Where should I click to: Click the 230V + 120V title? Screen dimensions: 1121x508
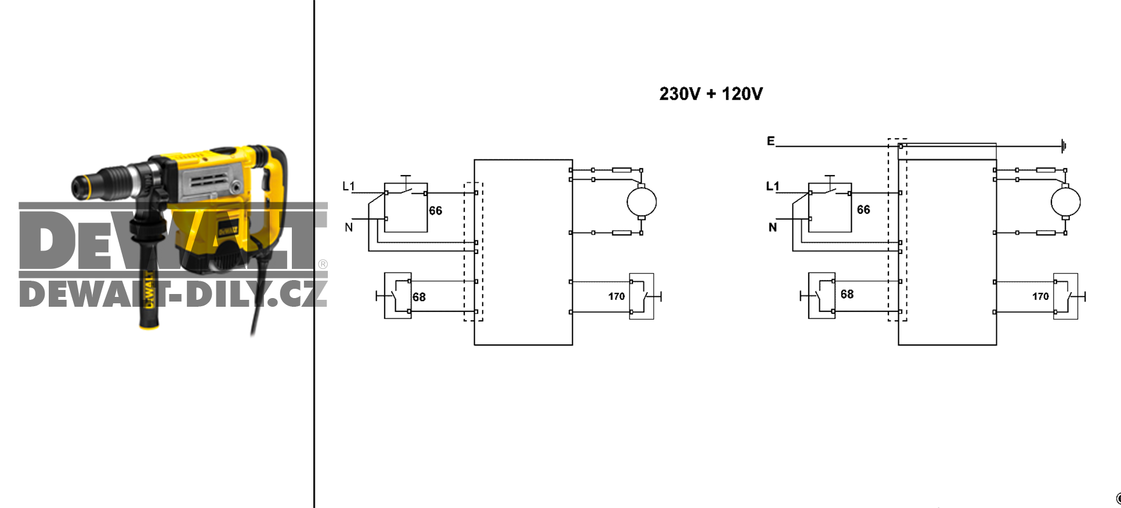tap(711, 94)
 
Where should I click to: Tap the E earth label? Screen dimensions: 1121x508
tap(771, 141)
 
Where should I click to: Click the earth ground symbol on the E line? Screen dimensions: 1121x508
tap(1063, 146)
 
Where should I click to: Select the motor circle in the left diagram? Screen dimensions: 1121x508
tap(642, 202)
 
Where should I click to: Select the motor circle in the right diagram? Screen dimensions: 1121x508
tap(1066, 202)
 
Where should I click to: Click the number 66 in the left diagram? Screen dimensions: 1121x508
tap(436, 211)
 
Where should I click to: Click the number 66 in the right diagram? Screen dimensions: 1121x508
tap(863, 210)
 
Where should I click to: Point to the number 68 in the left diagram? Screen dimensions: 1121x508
tap(419, 297)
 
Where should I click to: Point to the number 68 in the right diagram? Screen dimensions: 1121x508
tap(847, 295)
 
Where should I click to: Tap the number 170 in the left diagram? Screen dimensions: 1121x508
tap(616, 297)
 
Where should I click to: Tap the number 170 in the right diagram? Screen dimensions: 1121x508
tap(1040, 297)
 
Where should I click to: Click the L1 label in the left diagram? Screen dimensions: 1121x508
tap(349, 186)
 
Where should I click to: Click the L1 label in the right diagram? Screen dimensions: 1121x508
tap(773, 186)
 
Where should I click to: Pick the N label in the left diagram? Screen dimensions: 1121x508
tap(349, 227)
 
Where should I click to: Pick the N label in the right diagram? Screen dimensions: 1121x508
tap(773, 227)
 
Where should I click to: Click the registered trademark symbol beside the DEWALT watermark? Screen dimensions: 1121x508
tap(323, 264)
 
